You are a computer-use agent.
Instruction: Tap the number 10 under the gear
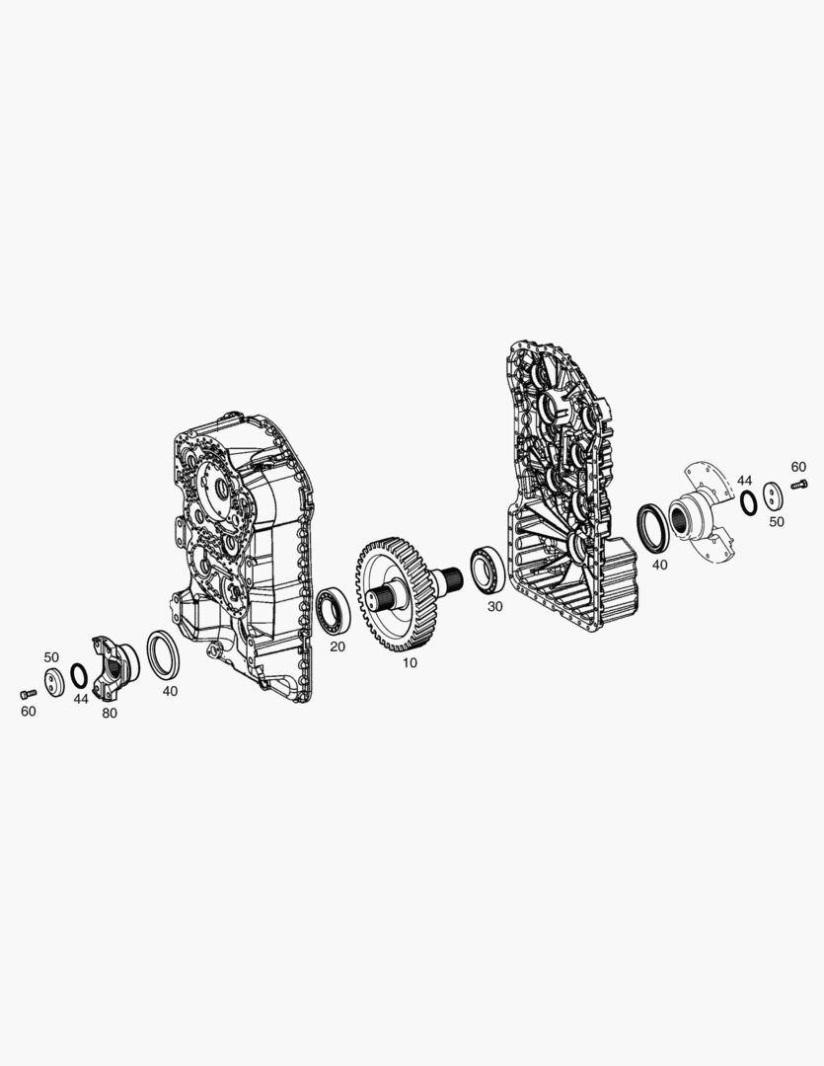pos(410,663)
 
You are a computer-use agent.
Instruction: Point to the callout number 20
pos(337,647)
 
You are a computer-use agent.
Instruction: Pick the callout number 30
pos(495,606)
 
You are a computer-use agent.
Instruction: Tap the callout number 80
pos(109,714)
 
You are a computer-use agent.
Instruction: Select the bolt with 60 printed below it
pos(28,694)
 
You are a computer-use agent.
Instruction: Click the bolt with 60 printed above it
pos(800,485)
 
